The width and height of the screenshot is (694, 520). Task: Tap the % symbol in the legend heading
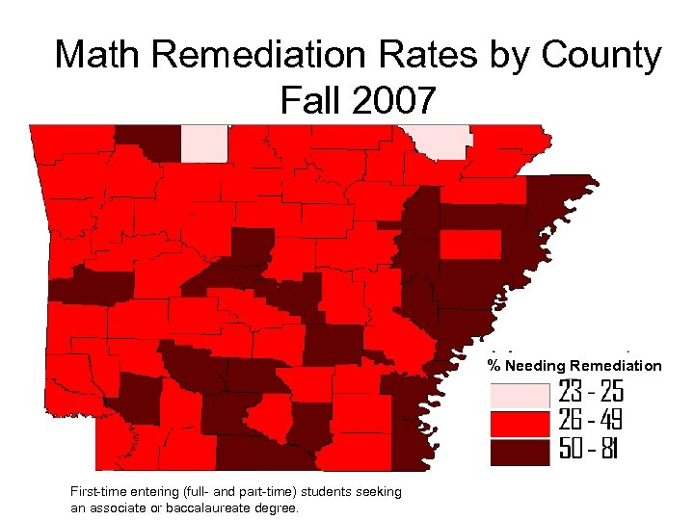494,366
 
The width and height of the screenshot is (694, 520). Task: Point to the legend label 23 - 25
591,393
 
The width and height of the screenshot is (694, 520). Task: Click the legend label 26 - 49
591,422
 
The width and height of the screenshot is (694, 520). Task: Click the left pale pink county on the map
204,143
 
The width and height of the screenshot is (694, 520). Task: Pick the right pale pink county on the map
439,141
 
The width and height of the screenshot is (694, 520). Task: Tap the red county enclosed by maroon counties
470,245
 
